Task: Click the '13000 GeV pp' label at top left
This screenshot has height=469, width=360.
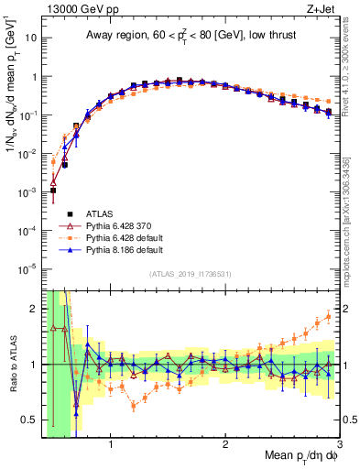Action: coord(71,9)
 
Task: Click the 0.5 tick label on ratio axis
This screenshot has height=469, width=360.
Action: coord(32,420)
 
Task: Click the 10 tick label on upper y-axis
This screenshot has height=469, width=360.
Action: coord(32,38)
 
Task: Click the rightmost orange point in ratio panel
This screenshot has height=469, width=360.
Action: coord(329,317)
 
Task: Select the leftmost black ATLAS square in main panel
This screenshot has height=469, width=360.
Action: coord(53,191)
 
